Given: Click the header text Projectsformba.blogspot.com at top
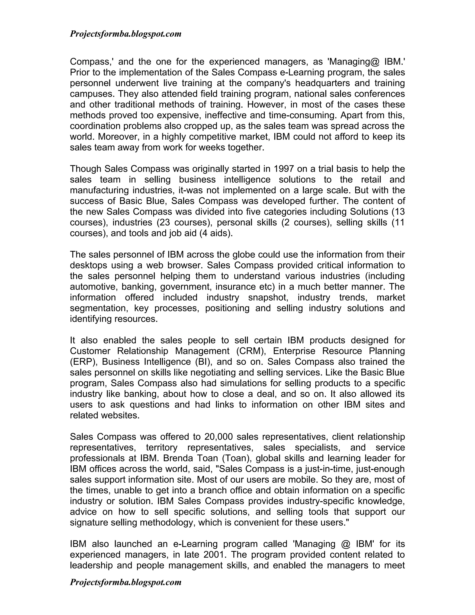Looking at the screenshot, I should pos(125,34).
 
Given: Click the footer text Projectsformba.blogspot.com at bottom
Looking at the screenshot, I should pos(125,582).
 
